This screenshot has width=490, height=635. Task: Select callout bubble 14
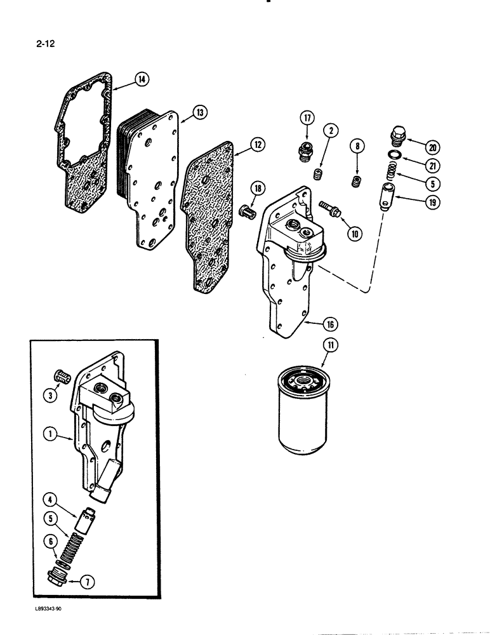coord(141,79)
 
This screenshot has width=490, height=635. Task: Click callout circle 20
coord(434,147)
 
